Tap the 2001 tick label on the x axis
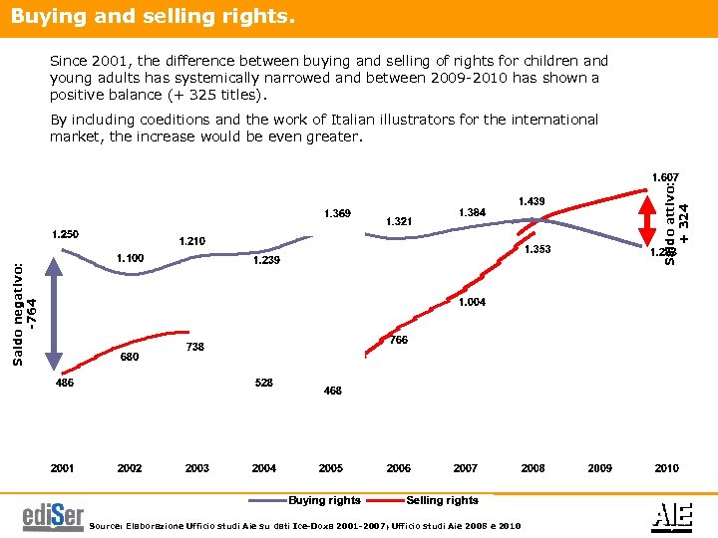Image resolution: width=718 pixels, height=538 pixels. (x=63, y=468)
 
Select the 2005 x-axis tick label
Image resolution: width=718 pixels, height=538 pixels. (x=331, y=468)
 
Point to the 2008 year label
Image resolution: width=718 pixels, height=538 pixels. (x=533, y=468)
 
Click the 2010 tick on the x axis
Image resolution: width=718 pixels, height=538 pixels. (x=666, y=468)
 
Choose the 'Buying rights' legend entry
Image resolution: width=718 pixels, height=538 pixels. (x=325, y=500)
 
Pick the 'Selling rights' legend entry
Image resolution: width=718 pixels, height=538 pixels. (x=442, y=500)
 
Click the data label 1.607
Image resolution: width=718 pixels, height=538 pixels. (x=665, y=177)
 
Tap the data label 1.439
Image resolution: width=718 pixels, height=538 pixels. (x=531, y=201)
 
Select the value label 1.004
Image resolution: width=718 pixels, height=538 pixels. (x=472, y=302)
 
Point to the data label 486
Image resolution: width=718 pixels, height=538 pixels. (x=64, y=382)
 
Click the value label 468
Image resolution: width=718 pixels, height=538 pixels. (x=333, y=392)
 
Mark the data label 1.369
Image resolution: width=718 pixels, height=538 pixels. (x=337, y=212)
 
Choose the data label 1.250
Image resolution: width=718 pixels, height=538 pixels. (x=66, y=234)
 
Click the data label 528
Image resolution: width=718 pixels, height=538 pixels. (x=264, y=383)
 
